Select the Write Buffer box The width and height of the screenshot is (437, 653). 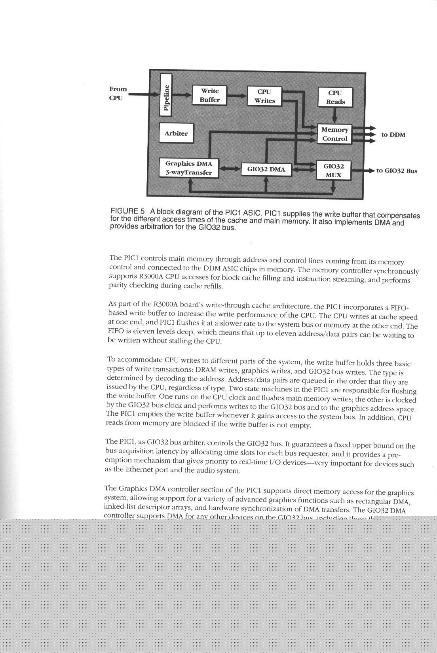(x=209, y=95)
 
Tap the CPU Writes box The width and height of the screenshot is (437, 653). (x=264, y=96)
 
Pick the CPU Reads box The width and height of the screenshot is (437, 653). (x=335, y=97)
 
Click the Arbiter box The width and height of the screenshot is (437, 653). (x=176, y=133)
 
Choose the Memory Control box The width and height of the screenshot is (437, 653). (x=334, y=134)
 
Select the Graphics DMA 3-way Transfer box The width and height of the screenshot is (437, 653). (x=189, y=168)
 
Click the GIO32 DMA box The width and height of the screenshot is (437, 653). (x=266, y=169)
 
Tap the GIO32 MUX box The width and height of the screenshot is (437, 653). (x=334, y=170)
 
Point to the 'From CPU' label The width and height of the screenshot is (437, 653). (x=118, y=93)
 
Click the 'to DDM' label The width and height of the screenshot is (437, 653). (x=393, y=135)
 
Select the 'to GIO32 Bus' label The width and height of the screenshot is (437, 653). (x=397, y=171)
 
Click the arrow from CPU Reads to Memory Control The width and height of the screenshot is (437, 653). (x=335, y=116)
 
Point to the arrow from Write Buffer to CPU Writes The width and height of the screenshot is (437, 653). (x=237, y=96)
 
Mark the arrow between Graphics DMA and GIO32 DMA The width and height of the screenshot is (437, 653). (x=230, y=168)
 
